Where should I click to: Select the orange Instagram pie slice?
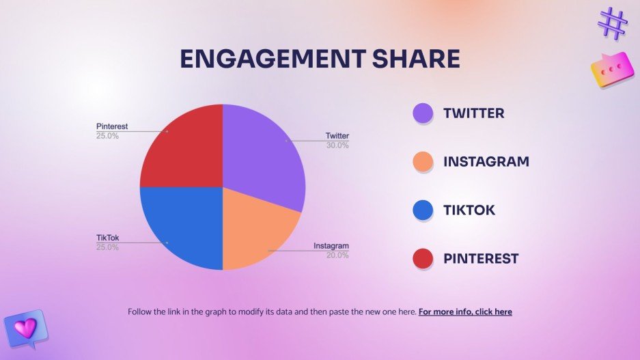coord(256,225)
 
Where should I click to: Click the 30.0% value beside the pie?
coord(337,146)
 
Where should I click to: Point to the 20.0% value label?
coord(337,255)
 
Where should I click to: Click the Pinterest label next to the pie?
coord(112,126)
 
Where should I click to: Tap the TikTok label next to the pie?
coord(108,238)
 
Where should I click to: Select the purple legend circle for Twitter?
coord(423,113)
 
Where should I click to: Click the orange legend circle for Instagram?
coord(423,162)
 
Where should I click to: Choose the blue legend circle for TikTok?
coord(423,210)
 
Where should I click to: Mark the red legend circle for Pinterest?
coord(423,258)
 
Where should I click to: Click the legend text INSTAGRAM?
coord(486,162)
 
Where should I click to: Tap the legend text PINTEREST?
coord(481,259)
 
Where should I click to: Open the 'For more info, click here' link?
coord(465,312)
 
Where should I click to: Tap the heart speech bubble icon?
coord(25,328)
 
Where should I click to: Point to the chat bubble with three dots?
coord(607,70)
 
